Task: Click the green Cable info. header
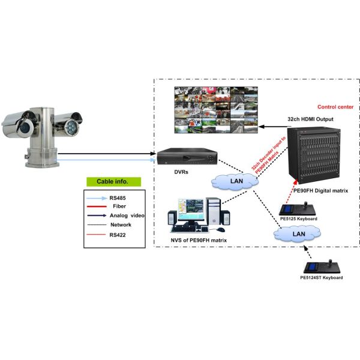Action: point(113,181)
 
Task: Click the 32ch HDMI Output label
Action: point(310,119)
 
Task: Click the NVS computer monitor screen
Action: point(190,211)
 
